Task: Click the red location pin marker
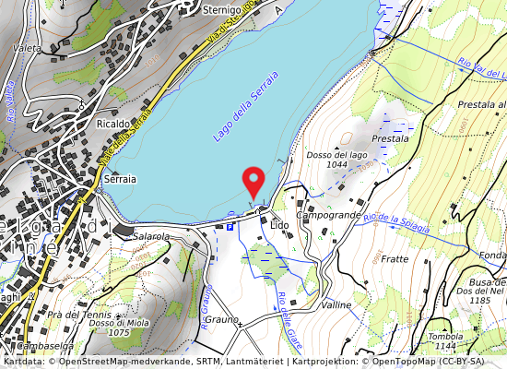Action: click(x=252, y=181)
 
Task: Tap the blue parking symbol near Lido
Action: click(x=230, y=226)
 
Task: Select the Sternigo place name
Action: click(x=221, y=9)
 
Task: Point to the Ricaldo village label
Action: click(x=113, y=123)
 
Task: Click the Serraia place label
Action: click(x=121, y=180)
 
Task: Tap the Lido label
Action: click(x=279, y=224)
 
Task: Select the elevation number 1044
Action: click(x=336, y=165)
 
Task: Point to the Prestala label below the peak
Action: click(x=390, y=137)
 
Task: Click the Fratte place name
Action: click(x=394, y=259)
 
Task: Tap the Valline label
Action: click(x=337, y=304)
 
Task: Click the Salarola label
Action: click(x=152, y=237)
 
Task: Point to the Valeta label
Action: click(x=26, y=47)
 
